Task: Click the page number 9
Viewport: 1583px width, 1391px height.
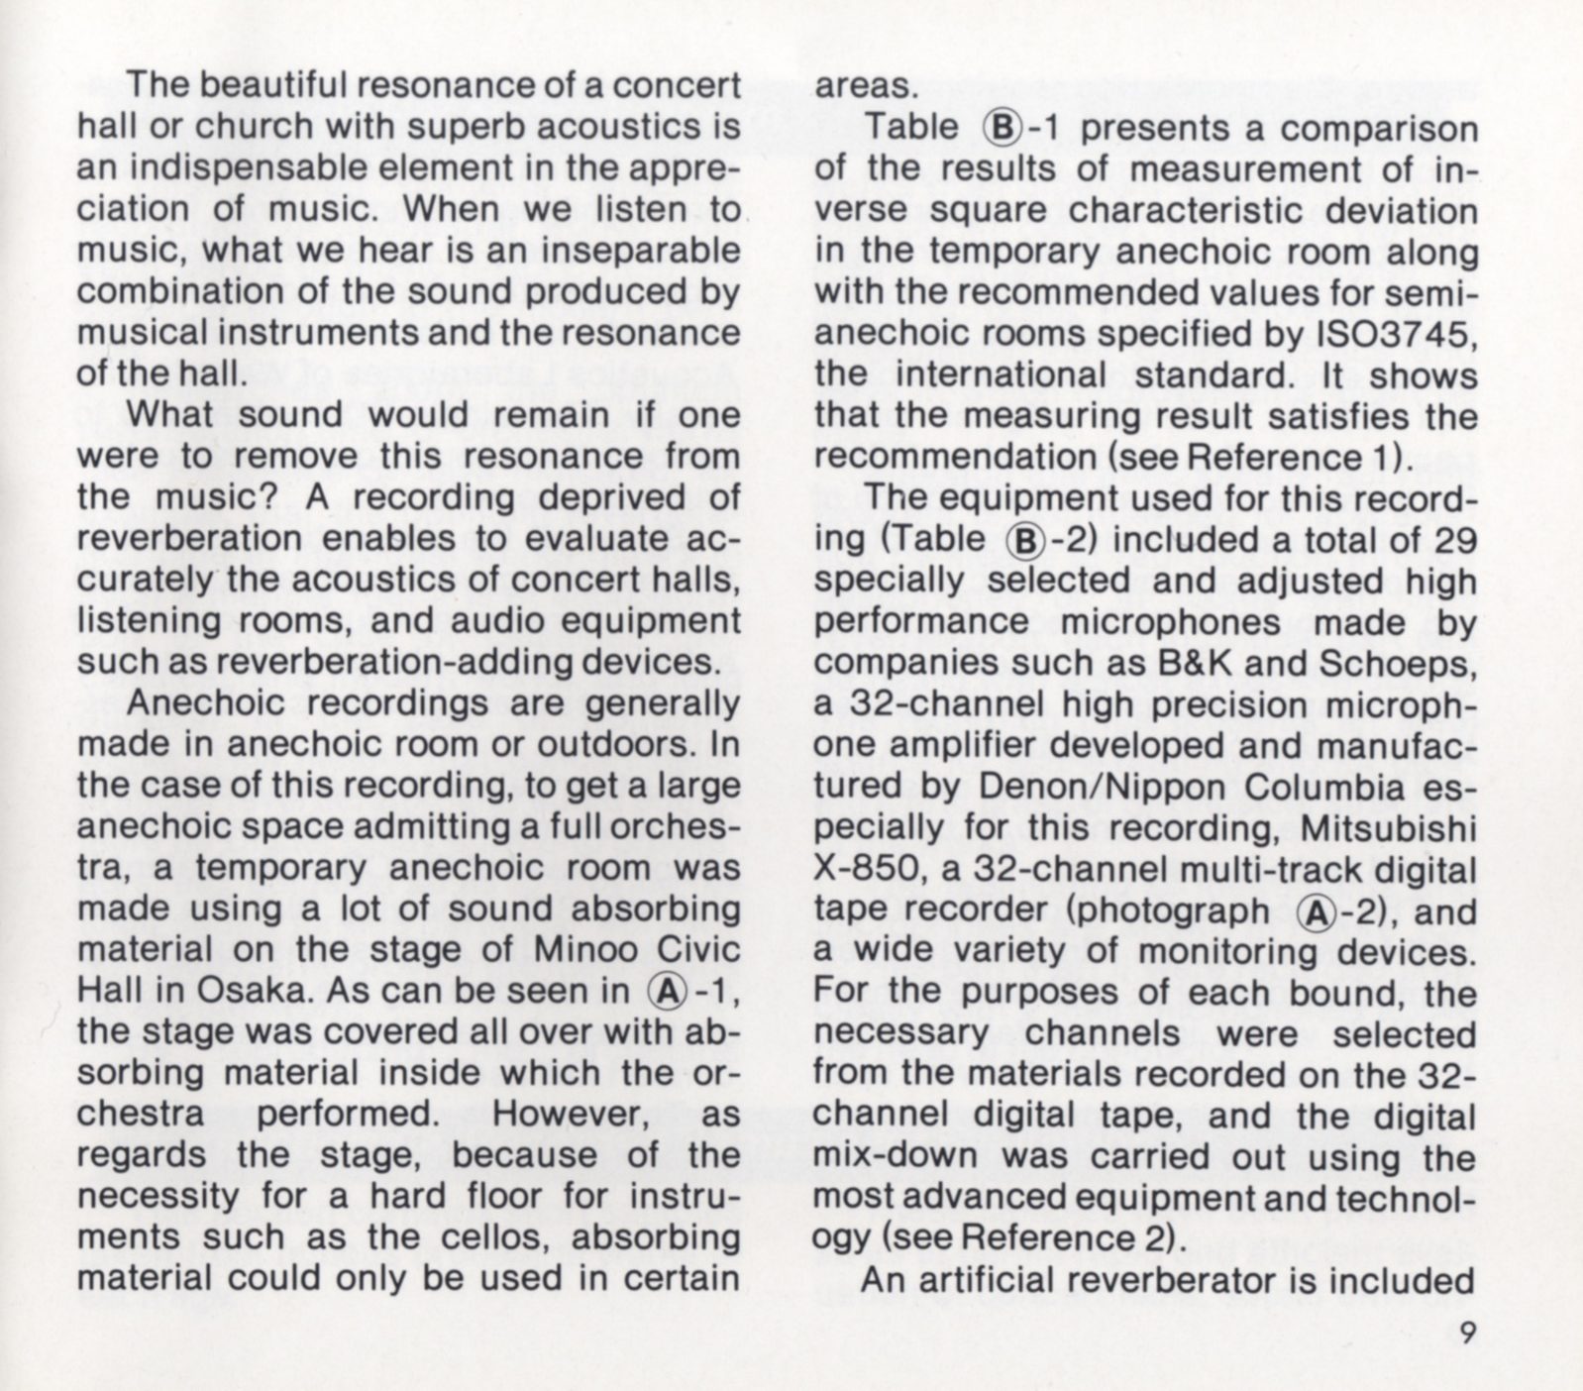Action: pos(1466,1333)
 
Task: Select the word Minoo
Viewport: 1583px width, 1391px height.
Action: pos(580,948)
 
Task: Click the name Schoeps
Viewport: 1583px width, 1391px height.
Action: pos(1398,664)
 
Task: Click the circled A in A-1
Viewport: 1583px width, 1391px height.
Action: pos(663,991)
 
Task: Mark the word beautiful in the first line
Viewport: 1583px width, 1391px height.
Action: pos(273,85)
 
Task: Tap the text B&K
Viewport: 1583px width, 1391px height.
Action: pos(1192,664)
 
